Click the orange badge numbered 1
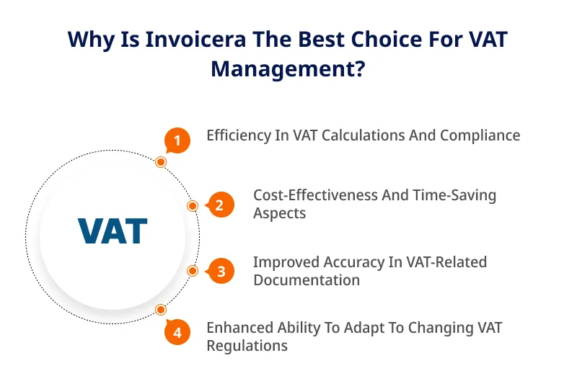(177, 140)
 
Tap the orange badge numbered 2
(220, 205)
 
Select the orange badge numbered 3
(221, 272)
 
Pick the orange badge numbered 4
(177, 332)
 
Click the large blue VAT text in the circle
(113, 231)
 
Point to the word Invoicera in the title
(195, 39)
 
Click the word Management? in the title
(288, 69)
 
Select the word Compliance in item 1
(480, 136)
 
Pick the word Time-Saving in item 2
(454, 196)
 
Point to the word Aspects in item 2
(280, 214)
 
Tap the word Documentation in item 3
(307, 280)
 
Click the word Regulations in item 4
(247, 346)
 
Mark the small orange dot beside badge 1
(161, 162)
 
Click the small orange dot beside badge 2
(193, 206)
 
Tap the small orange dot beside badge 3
(193, 271)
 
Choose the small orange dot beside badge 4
(160, 310)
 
